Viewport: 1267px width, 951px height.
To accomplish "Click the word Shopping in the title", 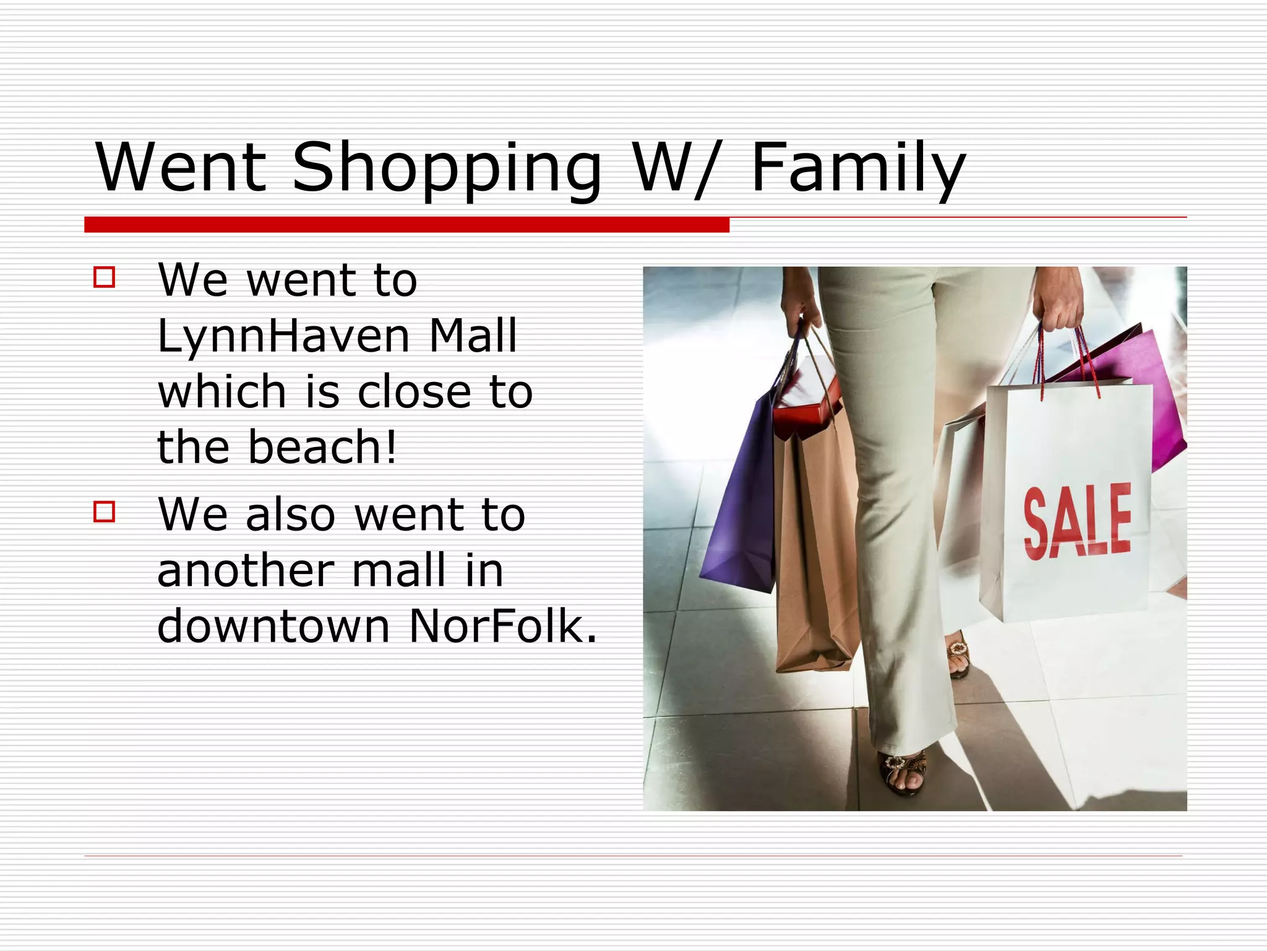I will click(447, 168).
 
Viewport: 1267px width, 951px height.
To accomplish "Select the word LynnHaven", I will click(284, 336).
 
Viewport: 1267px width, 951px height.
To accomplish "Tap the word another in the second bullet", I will click(246, 570).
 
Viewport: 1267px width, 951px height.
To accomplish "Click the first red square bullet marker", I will click(105, 277).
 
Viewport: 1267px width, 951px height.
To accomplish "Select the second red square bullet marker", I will click(105, 512).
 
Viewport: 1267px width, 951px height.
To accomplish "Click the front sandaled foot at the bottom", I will click(903, 771).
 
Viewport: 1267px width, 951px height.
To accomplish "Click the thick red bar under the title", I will click(406, 225).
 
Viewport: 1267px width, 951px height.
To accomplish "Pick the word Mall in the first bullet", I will click(473, 336).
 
